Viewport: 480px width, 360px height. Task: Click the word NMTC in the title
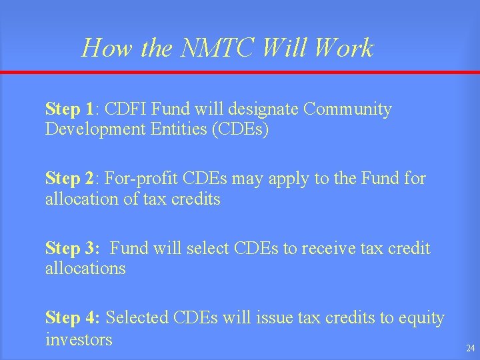coord(220,48)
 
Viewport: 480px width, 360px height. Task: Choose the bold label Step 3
coord(72,249)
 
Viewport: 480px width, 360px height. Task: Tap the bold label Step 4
coord(72,319)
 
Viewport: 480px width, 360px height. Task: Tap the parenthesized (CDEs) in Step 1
coord(240,129)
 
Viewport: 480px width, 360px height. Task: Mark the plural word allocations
coord(85,269)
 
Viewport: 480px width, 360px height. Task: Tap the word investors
coord(79,339)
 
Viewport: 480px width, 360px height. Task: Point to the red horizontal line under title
coord(240,73)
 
